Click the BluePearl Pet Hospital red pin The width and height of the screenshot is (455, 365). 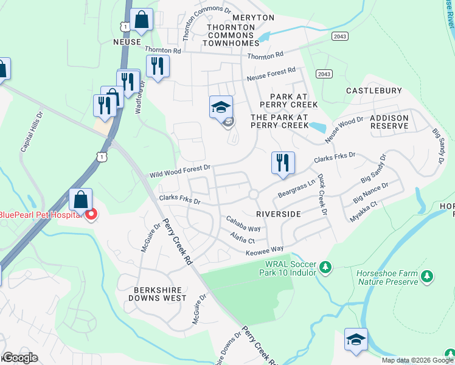pyautogui.click(x=91, y=215)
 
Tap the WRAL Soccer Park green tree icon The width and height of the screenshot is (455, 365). pyautogui.click(x=325, y=267)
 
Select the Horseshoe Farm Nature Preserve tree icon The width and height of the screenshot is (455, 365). pyautogui.click(x=428, y=277)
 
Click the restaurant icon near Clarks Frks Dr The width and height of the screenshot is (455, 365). pyautogui.click(x=283, y=163)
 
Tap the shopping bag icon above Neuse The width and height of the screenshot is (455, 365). pyautogui.click(x=142, y=20)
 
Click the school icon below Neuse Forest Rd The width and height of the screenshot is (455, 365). pyautogui.click(x=221, y=108)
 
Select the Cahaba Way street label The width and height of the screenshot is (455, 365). pyautogui.click(x=243, y=223)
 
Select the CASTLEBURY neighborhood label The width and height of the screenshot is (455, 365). pyautogui.click(x=374, y=91)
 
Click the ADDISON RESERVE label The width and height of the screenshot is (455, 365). pyautogui.click(x=389, y=121)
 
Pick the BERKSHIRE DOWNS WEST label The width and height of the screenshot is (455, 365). pyautogui.click(x=158, y=294)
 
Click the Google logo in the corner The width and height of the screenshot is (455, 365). pyautogui.click(x=19, y=358)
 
